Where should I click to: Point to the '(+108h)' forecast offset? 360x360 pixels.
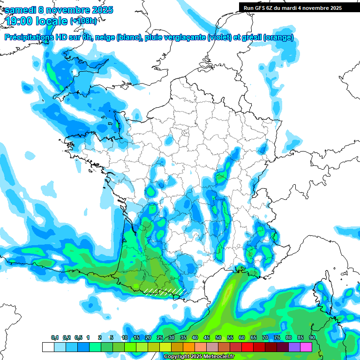tap(83, 21)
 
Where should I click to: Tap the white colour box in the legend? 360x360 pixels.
tap(48, 347)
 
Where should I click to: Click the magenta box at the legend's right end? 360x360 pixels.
tap(306, 347)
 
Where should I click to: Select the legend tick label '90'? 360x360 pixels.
tap(312, 338)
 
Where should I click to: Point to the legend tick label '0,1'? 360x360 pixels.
tap(55, 338)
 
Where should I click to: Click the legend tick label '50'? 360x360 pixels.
tap(218, 338)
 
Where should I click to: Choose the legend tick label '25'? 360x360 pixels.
tap(160, 338)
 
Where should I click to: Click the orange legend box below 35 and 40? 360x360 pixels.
tap(189, 347)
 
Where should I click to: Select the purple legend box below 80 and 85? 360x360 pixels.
tap(294, 347)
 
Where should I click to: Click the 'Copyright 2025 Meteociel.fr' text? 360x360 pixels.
tap(206, 357)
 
